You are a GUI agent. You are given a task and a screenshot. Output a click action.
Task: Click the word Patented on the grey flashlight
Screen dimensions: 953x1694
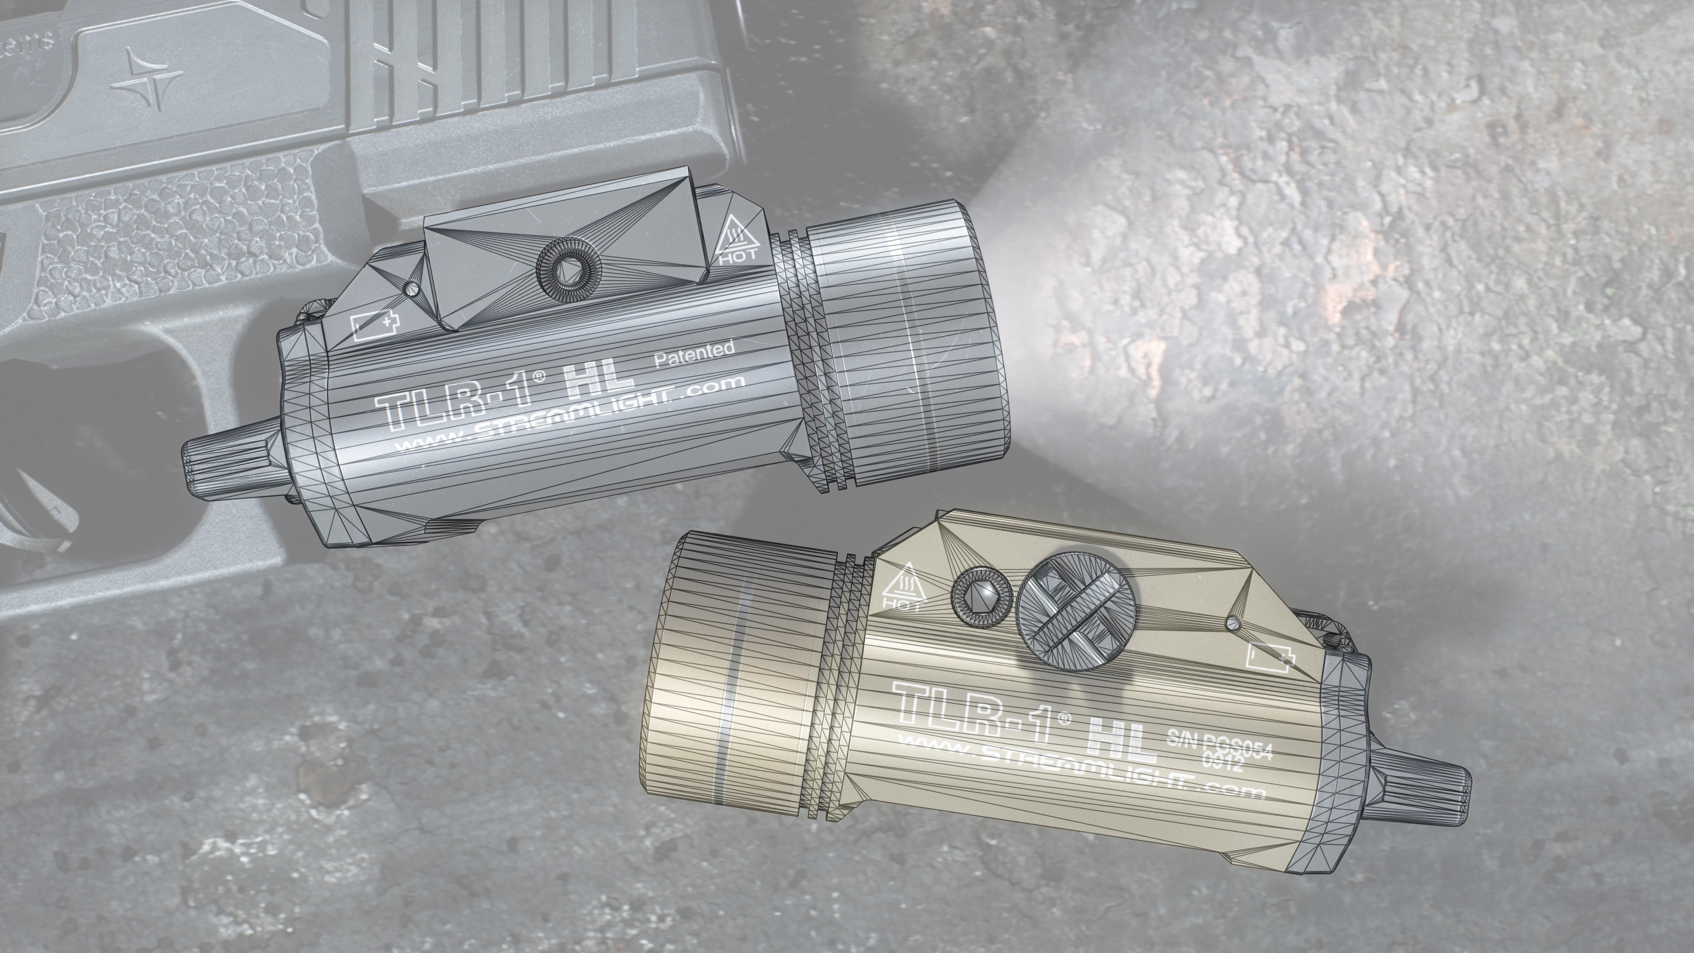coord(694,353)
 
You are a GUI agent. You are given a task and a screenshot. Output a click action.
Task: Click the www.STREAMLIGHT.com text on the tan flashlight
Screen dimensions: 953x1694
coord(1079,766)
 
